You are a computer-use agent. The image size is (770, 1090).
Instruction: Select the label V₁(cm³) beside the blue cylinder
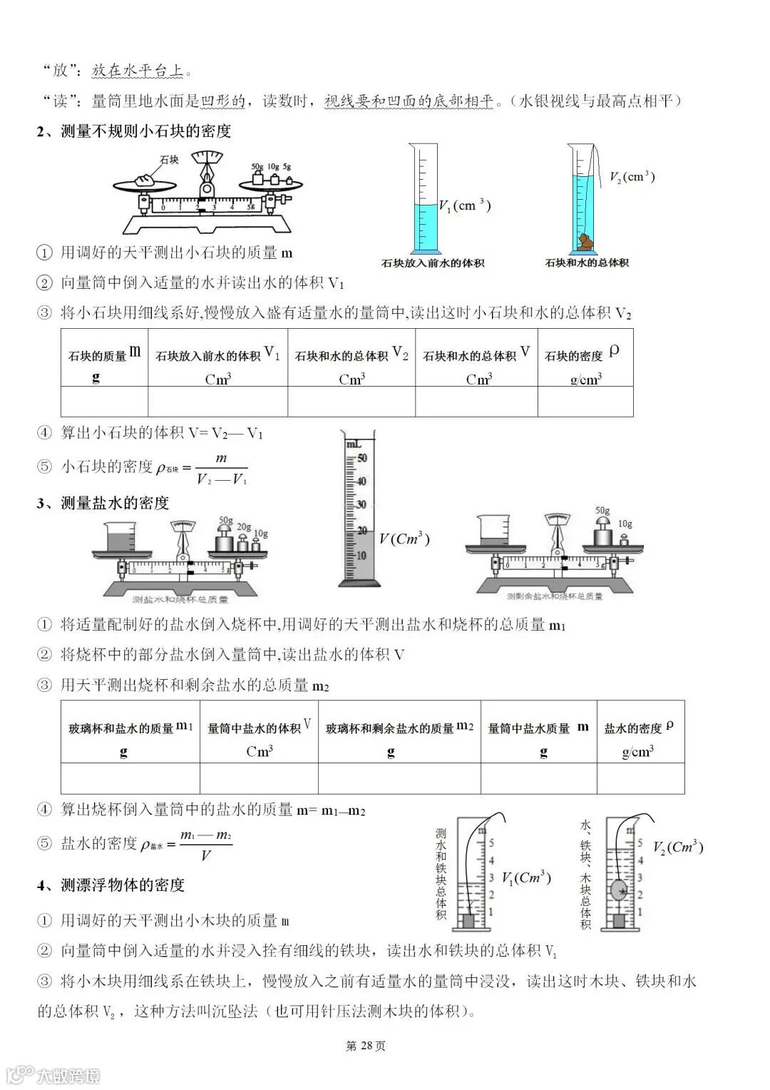(x=464, y=205)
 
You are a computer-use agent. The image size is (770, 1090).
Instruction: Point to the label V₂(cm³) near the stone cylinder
(x=632, y=176)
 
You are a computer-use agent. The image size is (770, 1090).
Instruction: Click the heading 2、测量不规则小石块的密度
(x=134, y=131)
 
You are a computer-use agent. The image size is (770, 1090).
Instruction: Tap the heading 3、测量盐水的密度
(x=103, y=503)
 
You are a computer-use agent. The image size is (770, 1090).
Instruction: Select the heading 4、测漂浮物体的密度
(x=111, y=885)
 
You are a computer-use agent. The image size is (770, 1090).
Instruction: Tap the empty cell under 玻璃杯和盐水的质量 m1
(x=130, y=778)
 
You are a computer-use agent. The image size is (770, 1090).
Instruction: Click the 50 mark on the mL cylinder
(x=361, y=458)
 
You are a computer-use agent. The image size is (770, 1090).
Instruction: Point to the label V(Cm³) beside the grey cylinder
(x=404, y=539)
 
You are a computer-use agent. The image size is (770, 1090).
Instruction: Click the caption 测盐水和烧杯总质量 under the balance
(x=181, y=600)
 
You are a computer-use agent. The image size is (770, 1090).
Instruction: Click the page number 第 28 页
(x=366, y=1046)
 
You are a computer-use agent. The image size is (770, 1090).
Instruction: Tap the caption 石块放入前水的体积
(x=433, y=263)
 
